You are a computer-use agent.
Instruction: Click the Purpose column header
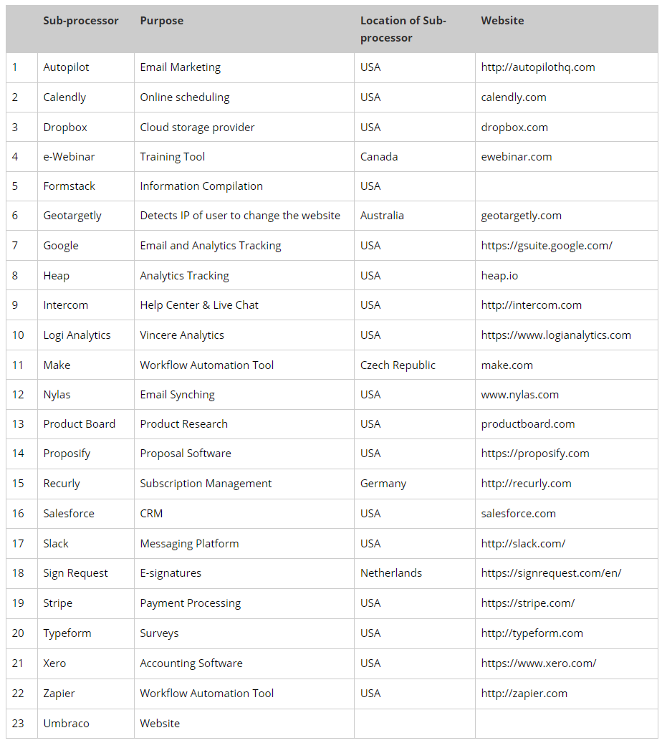[x=161, y=21]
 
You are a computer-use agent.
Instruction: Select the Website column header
[x=502, y=21]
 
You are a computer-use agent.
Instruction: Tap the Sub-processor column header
[x=81, y=21]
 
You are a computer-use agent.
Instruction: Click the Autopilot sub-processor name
[x=66, y=67]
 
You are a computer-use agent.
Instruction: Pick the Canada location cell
[x=379, y=157]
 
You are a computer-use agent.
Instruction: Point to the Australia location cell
[x=382, y=216]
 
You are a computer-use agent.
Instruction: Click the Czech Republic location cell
[x=398, y=365]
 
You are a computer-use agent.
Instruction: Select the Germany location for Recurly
[x=383, y=484]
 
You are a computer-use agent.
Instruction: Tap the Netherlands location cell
[x=391, y=573]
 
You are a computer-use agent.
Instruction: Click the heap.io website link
[x=499, y=276]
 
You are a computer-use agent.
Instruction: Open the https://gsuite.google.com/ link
[x=547, y=246]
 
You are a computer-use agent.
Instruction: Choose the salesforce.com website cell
[x=518, y=514]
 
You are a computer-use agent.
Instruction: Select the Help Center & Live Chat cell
[x=199, y=305]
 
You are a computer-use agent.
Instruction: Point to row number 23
[x=18, y=724]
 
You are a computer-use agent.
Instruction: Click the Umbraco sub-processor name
[x=66, y=724]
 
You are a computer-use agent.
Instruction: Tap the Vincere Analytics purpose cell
[x=182, y=335]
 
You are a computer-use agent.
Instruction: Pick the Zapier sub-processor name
[x=59, y=694]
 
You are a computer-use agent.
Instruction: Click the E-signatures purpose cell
[x=171, y=573]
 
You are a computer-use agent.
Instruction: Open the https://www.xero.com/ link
[x=539, y=663]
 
